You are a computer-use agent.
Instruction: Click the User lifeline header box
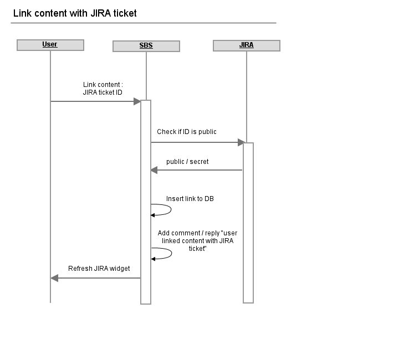pos(50,45)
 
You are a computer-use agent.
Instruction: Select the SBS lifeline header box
pos(146,46)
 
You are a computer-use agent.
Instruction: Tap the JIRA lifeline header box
pos(246,45)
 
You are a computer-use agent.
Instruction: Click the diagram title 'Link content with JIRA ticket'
pos(75,13)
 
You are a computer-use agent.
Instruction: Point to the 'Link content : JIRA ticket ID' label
pos(103,89)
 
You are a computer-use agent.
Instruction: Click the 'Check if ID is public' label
pos(187,132)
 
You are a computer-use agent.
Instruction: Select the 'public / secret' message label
pos(187,162)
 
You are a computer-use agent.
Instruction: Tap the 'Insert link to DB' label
pos(190,198)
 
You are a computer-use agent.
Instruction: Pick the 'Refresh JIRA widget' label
pos(99,269)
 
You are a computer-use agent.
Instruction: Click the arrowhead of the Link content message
pos(137,101)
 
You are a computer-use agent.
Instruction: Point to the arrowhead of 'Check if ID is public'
pos(241,142)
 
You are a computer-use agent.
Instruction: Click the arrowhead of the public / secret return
pos(154,170)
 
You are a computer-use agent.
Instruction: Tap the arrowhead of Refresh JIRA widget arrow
pos(54,277)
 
